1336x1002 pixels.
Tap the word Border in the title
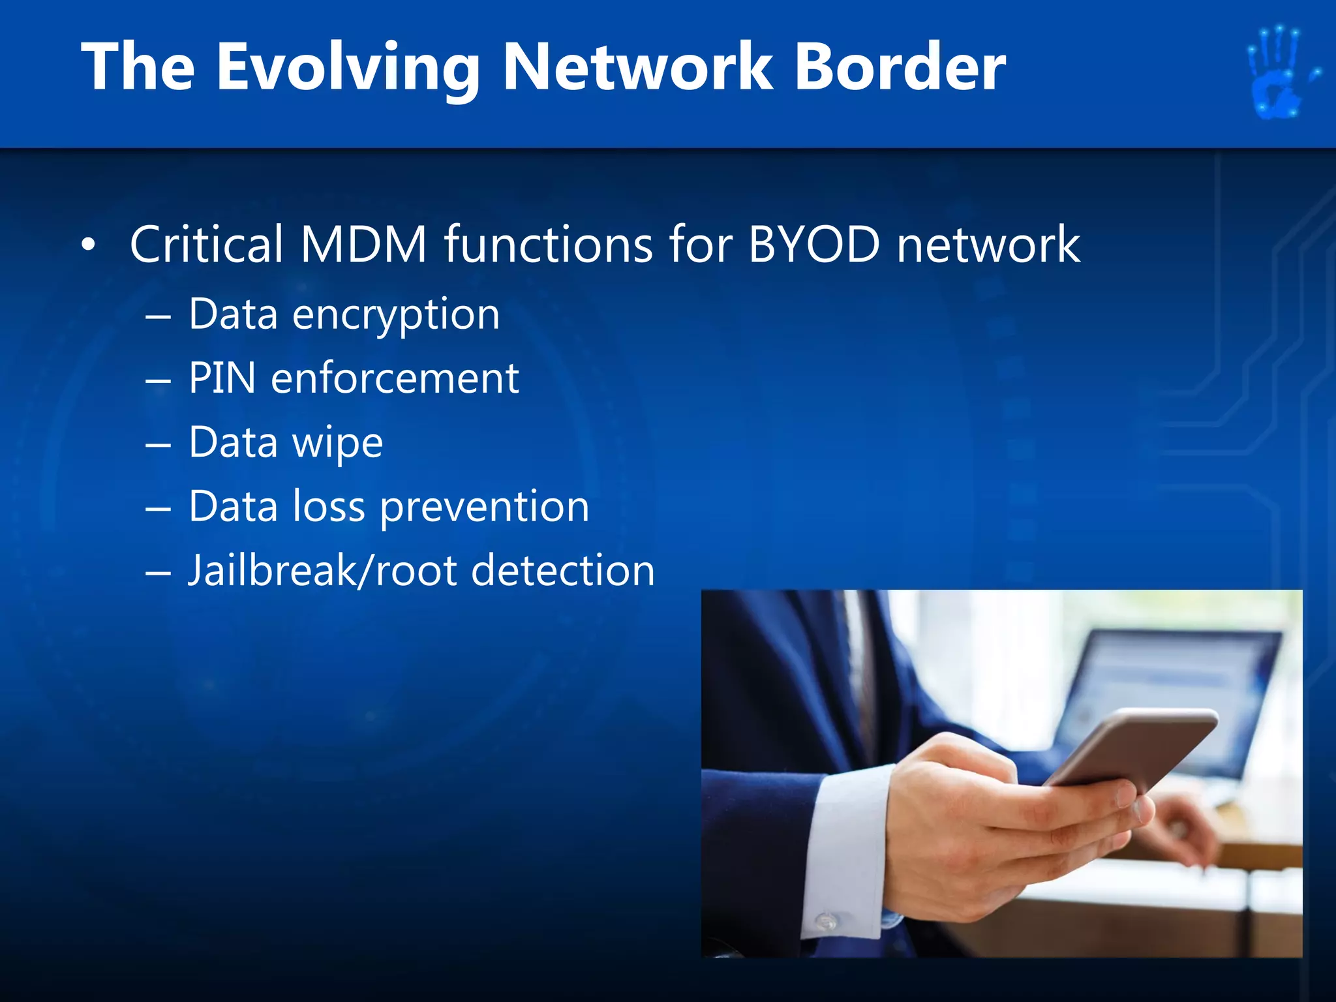[x=900, y=67]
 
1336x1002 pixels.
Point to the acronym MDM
[x=363, y=244]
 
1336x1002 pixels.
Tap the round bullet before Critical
[x=89, y=245]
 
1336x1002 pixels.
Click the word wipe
[x=337, y=444]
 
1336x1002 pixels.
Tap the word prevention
[x=485, y=507]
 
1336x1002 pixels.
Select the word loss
[x=328, y=507]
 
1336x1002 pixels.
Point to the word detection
[x=562, y=571]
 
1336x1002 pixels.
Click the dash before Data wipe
[x=159, y=445]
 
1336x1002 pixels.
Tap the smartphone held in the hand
[x=1129, y=750]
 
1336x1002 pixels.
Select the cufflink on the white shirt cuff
[x=827, y=922]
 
